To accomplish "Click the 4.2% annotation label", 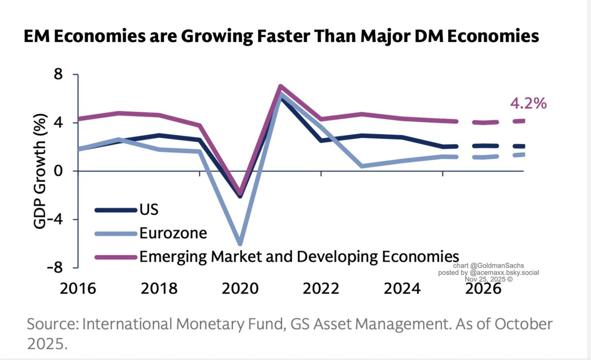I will (x=527, y=104).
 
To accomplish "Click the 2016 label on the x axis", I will (x=78, y=288).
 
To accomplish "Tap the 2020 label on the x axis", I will (x=240, y=288).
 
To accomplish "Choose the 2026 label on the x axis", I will (x=483, y=288).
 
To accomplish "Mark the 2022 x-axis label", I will (x=321, y=288).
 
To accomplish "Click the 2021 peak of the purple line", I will (x=280, y=87).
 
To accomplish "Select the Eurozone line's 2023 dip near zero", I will (x=362, y=166).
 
